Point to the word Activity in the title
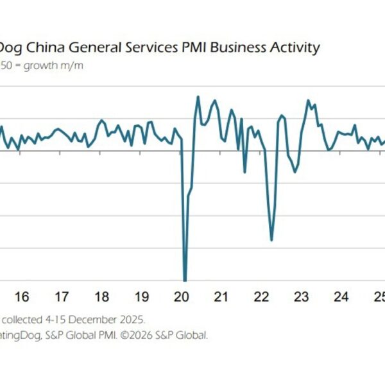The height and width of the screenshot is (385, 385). point(295,48)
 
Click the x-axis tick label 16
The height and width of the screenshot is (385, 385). point(21,297)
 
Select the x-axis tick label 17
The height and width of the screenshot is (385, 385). point(62,297)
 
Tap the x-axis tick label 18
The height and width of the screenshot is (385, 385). point(101,297)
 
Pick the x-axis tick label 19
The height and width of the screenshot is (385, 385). point(141,297)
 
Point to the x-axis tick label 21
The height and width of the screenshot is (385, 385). point(221,297)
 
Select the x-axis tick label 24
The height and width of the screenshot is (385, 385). point(341,297)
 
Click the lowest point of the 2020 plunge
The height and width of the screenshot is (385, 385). point(185,280)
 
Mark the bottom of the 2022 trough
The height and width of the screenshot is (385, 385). point(272,240)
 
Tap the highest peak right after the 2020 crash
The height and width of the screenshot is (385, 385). point(198,97)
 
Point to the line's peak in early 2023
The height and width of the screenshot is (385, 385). point(309,100)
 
